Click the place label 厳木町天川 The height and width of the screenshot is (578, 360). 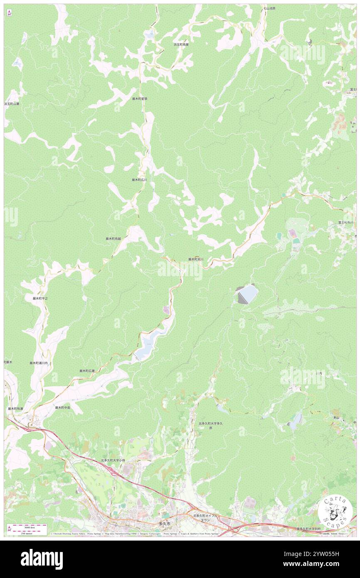pos(196,259)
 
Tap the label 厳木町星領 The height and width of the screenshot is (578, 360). pos(140,99)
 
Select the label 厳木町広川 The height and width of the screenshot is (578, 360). pos(139,180)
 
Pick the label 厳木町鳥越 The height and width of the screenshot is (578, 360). pos(113,239)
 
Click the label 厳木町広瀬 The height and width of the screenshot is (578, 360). pos(87,371)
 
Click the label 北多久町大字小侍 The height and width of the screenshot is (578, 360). pos(113,460)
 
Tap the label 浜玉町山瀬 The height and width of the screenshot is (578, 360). pos(12,104)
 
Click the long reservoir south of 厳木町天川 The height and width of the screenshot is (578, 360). pos(152,339)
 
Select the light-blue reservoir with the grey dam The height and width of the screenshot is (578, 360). pos(246,294)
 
